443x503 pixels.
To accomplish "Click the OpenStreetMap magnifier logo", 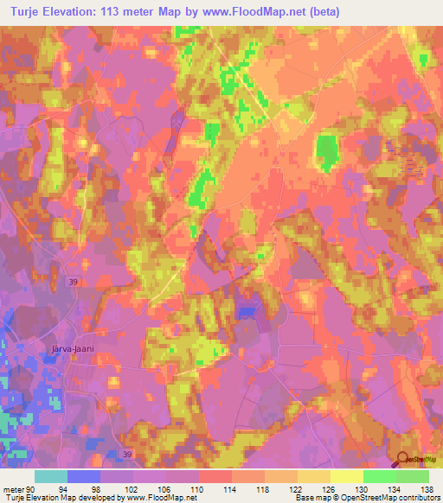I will coord(404,457).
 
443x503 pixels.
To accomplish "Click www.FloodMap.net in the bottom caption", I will coord(161,498).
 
